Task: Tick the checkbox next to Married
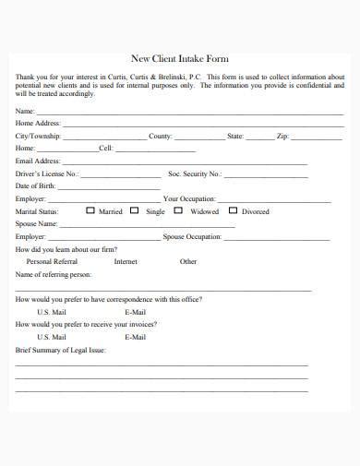click(x=90, y=210)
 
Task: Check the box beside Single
click(x=135, y=210)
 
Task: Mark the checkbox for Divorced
click(x=233, y=210)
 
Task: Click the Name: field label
click(x=25, y=111)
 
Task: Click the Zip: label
click(x=283, y=136)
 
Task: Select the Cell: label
click(x=106, y=148)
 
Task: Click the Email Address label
click(x=38, y=161)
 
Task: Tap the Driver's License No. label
click(x=47, y=173)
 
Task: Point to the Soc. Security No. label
click(x=195, y=173)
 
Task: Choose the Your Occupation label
click(x=189, y=198)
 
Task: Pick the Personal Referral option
click(x=53, y=261)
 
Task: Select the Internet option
click(x=126, y=261)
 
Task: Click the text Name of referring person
click(x=54, y=274)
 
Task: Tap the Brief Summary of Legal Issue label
click(x=61, y=350)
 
